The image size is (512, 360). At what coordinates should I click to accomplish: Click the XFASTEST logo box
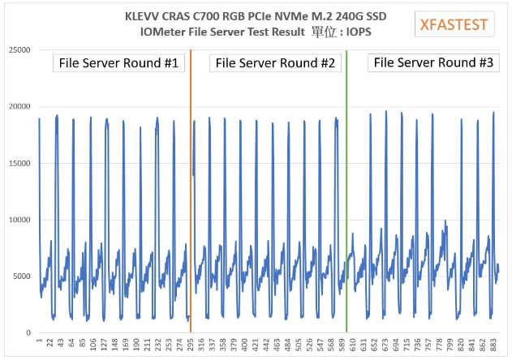click(x=454, y=24)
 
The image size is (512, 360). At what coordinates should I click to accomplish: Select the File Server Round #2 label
click(x=275, y=62)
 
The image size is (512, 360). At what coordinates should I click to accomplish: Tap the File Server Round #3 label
click(x=432, y=62)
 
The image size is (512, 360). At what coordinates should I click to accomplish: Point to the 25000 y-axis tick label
click(x=18, y=50)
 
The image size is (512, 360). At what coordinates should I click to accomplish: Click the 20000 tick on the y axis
click(x=18, y=107)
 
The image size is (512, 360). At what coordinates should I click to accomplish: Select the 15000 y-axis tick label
click(x=18, y=163)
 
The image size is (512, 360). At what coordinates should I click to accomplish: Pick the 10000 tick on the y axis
click(x=18, y=220)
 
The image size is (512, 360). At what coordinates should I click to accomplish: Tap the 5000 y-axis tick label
click(x=20, y=276)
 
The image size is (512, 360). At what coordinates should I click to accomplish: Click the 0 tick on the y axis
click(x=28, y=332)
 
